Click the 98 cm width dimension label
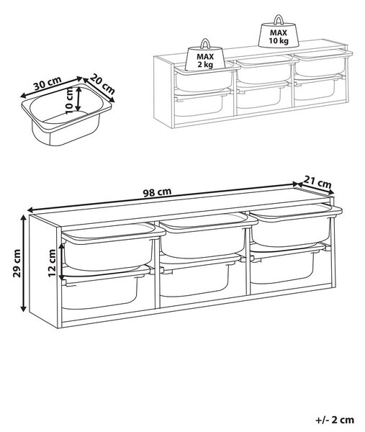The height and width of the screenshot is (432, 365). click(157, 192)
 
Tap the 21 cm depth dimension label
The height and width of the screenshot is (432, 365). click(317, 182)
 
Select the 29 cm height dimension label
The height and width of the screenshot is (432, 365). click(17, 263)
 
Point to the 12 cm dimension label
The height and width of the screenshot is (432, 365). click(52, 263)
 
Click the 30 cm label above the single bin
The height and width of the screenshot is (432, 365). click(48, 84)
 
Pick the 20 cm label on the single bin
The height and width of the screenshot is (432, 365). click(102, 84)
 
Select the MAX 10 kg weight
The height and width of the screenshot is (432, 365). click(279, 31)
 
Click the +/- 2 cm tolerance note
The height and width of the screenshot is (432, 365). click(335, 420)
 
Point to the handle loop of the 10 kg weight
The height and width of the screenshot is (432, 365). click(278, 19)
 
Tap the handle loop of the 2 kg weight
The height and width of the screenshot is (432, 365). click(205, 43)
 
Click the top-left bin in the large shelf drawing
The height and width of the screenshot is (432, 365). click(113, 246)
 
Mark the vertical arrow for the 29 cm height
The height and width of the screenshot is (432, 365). click(24, 263)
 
